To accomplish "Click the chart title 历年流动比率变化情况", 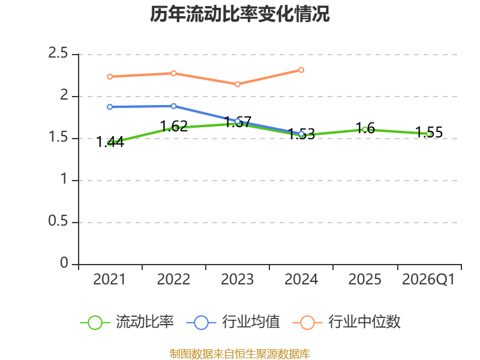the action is [239, 14].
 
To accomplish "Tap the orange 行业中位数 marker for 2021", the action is [110, 77].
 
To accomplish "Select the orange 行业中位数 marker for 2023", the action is [237, 84].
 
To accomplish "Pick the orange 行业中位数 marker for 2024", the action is [301, 70].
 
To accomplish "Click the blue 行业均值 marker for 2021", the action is [110, 107].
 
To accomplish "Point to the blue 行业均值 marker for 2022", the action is [173, 106].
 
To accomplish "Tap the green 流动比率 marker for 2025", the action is [365, 130].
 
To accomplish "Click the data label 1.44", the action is [110, 142].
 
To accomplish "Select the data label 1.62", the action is [173, 126].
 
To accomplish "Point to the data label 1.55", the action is [429, 132].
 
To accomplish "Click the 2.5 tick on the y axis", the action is [58, 53].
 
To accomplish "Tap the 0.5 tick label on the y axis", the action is [58, 221].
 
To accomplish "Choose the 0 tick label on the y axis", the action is [64, 263].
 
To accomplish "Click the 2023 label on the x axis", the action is [237, 280].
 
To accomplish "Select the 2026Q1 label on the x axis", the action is [428, 280].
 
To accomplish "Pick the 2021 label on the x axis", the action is [110, 280].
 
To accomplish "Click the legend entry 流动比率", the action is [127, 322].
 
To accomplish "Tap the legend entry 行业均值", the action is [233, 322].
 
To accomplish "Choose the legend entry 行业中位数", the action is [347, 322].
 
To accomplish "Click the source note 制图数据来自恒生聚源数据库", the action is [239, 354].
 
